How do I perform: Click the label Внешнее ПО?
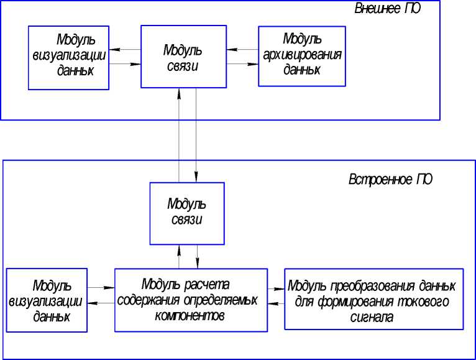383,9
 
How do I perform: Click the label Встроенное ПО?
390,180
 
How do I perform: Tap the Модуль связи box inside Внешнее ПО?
184,57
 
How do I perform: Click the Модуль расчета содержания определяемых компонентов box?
190,300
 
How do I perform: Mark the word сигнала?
373,317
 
